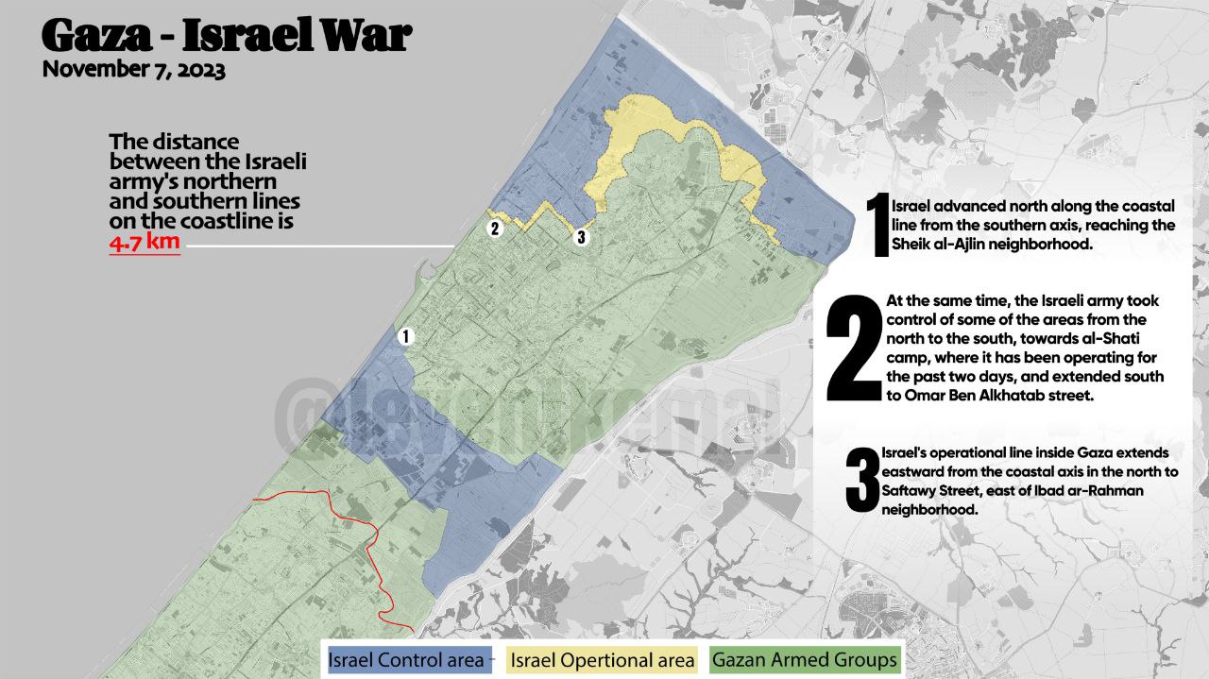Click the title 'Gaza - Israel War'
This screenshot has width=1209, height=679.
tap(227, 36)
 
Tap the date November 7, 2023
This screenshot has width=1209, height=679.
tap(133, 70)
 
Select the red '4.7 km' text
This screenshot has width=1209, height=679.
tap(144, 243)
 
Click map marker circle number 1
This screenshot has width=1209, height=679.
tap(406, 336)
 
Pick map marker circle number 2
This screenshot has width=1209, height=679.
tap(495, 228)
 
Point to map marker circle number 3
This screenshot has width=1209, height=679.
tap(581, 237)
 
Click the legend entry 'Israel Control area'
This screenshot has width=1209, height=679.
tap(406, 659)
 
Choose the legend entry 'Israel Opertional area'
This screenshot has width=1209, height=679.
tap(603, 659)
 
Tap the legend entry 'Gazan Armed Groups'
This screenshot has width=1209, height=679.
tap(804, 659)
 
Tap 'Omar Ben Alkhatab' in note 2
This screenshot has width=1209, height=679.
tap(1001, 397)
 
